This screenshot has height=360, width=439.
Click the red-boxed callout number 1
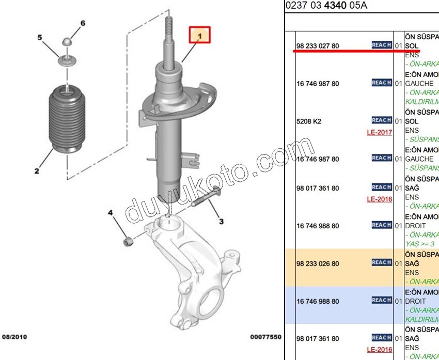pos(199,35)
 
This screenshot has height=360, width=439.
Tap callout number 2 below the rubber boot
pos(37,170)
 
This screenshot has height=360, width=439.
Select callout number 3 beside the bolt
pos(221,222)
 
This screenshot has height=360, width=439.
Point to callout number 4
pos(109,213)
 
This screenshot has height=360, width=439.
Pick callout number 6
pos(82,23)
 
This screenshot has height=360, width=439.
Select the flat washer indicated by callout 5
pos(67,61)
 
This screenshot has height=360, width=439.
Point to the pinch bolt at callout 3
pos(206,199)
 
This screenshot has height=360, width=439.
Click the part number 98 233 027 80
pos(318,46)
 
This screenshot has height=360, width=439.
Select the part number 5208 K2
pos(309,121)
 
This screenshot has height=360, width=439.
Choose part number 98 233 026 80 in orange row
pos(318,263)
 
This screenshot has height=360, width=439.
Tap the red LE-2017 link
pos(380,132)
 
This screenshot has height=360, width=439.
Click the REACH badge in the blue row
pos(381,300)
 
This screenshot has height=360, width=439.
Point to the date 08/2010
pos(14,337)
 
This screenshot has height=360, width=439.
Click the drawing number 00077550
pos(265,337)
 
